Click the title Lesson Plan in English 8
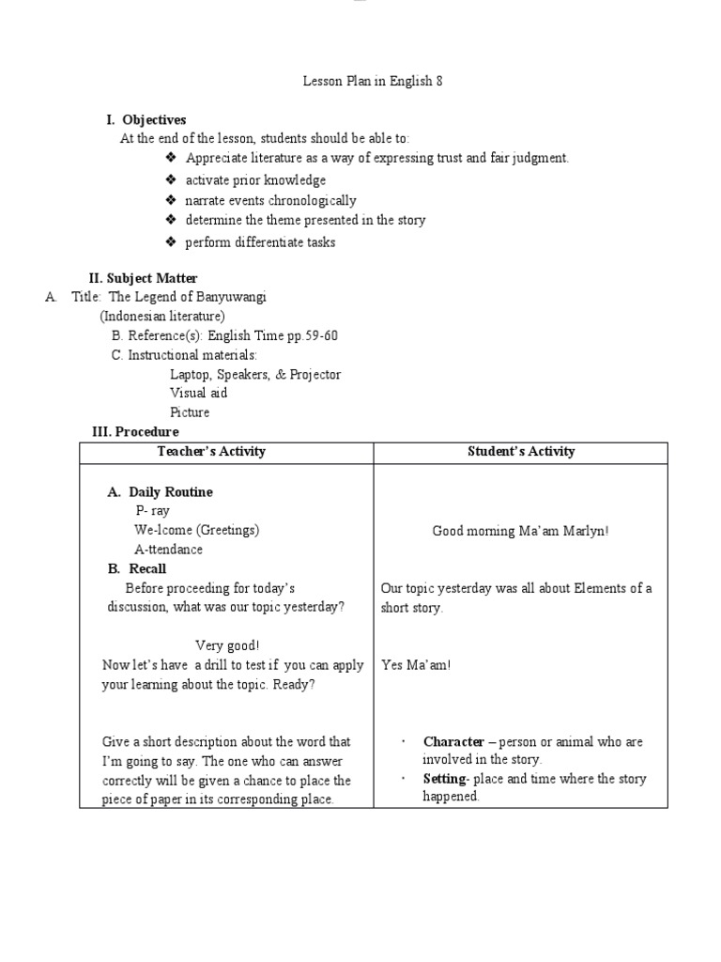click(x=372, y=81)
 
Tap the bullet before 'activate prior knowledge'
click(x=170, y=179)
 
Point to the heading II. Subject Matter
click(x=143, y=278)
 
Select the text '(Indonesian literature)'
click(x=162, y=316)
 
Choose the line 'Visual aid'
click(x=198, y=393)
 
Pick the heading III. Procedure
click(x=134, y=431)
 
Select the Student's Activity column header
click(x=521, y=452)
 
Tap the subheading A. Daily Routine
click(x=161, y=492)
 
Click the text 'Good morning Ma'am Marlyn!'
click(x=520, y=531)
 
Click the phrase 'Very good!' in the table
click(x=227, y=645)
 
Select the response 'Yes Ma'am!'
click(x=416, y=665)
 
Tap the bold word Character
click(x=453, y=741)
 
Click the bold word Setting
click(x=444, y=779)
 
